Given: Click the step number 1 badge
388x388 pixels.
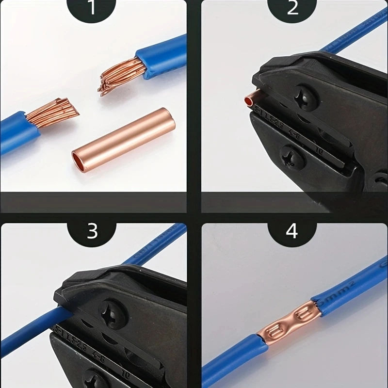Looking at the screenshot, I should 92,9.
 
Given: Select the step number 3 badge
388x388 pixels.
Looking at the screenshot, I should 92,231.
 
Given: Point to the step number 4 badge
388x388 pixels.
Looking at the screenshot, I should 292,231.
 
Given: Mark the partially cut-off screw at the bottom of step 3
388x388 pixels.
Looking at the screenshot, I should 95,381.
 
